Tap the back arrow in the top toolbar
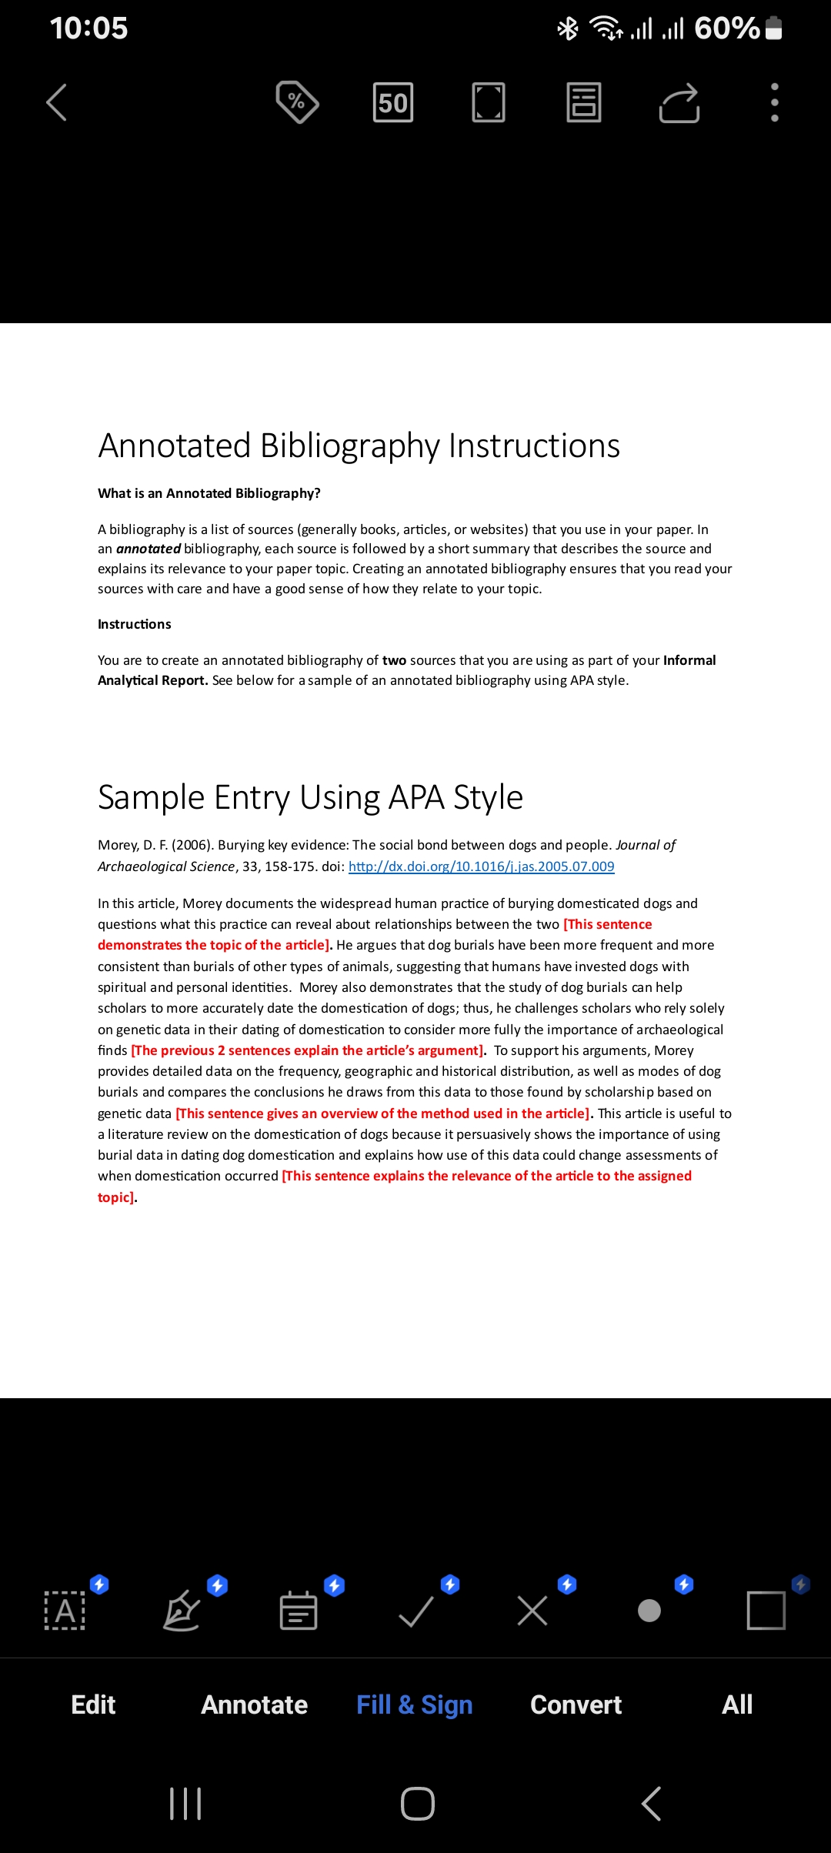click(57, 102)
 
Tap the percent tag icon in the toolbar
click(297, 102)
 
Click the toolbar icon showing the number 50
click(392, 102)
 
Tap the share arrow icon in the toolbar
click(679, 103)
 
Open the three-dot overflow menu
click(774, 102)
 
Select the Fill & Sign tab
click(414, 1704)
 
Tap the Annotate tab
click(254, 1704)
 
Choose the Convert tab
click(576, 1704)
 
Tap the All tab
click(736, 1704)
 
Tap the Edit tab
click(93, 1704)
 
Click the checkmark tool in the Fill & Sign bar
click(416, 1611)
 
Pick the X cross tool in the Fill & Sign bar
click(532, 1611)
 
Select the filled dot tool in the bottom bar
click(649, 1611)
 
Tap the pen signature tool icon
click(182, 1611)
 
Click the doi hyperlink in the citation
click(481, 866)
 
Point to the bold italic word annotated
click(148, 549)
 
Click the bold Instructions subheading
click(134, 624)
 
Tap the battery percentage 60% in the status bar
click(726, 28)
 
